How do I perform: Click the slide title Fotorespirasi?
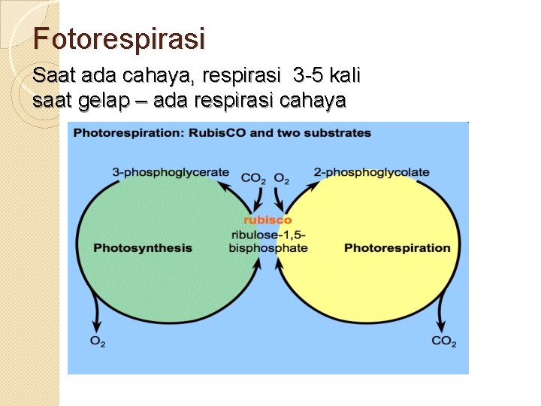tap(119, 38)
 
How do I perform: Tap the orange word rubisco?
tap(267, 220)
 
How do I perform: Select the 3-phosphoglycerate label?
tap(171, 172)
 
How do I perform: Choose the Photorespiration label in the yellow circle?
tap(397, 248)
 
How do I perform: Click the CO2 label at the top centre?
tap(253, 179)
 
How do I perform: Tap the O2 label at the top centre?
tap(282, 179)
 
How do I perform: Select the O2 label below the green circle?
tap(98, 342)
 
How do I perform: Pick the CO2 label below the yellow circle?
tap(444, 342)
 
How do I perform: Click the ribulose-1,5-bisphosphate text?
tap(268, 241)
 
